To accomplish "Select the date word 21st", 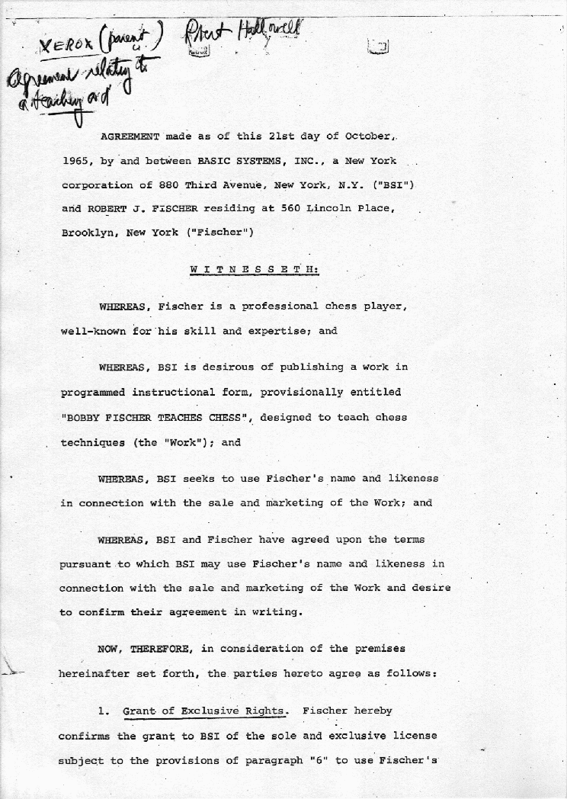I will tap(286, 137).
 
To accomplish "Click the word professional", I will tap(280, 306).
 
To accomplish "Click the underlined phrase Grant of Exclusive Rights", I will tap(204, 711).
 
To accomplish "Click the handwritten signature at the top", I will tap(242, 34).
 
